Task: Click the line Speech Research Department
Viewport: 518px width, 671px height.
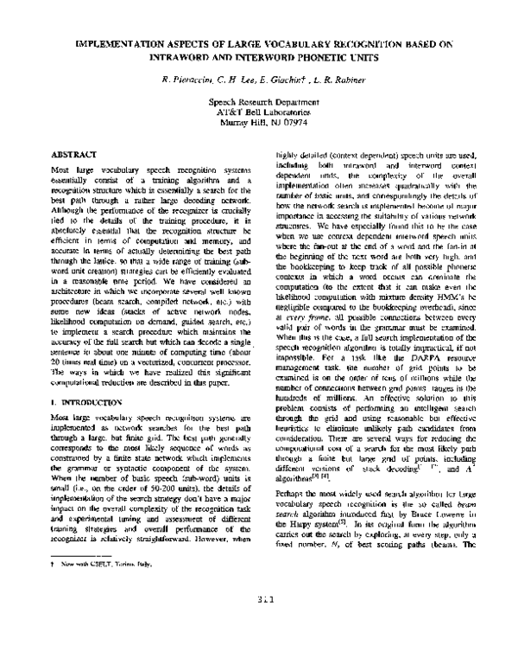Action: [259, 101]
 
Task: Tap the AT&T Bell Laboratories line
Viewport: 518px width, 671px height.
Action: [259, 111]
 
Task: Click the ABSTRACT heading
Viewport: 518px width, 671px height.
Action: [74, 152]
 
